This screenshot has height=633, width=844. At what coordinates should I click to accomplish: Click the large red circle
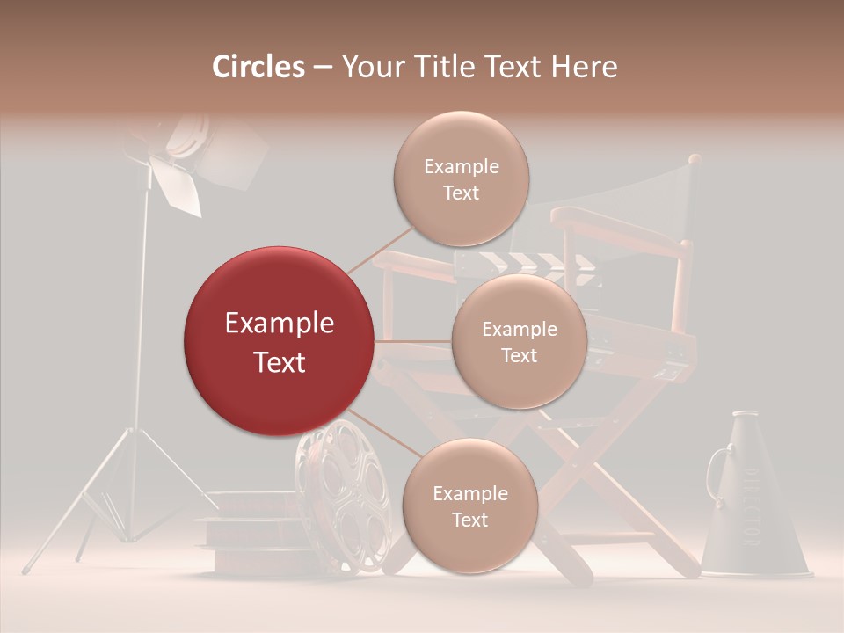[x=279, y=341]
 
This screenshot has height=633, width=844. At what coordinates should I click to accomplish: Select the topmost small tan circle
[x=461, y=178]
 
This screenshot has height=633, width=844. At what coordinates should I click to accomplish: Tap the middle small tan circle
[x=519, y=341]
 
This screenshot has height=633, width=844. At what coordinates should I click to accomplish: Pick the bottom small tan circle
[x=469, y=506]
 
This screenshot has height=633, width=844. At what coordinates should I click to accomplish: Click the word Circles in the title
[x=258, y=67]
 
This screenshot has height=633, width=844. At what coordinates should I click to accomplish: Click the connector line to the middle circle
[x=413, y=341]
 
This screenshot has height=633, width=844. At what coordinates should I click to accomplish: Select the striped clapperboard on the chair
[x=527, y=264]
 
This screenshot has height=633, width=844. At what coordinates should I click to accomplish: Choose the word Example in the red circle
[x=279, y=324]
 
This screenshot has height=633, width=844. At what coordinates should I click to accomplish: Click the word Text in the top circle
[x=461, y=193]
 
